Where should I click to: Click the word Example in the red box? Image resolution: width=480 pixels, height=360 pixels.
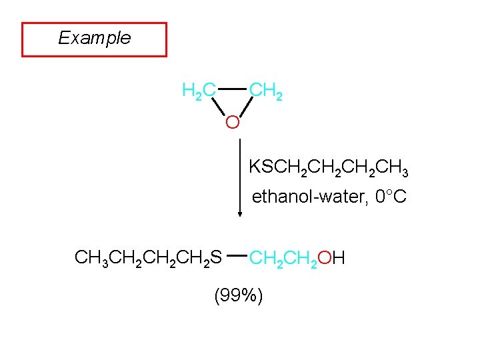(x=94, y=38)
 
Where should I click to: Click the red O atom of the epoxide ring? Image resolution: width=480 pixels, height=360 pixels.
(x=232, y=123)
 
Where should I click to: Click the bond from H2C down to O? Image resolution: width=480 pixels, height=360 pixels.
(x=217, y=106)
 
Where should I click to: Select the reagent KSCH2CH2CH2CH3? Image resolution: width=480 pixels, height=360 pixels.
(x=328, y=167)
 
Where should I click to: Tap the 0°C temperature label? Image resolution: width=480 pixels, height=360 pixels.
(x=391, y=197)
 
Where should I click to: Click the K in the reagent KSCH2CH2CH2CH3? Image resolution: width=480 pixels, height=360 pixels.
(x=254, y=167)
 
